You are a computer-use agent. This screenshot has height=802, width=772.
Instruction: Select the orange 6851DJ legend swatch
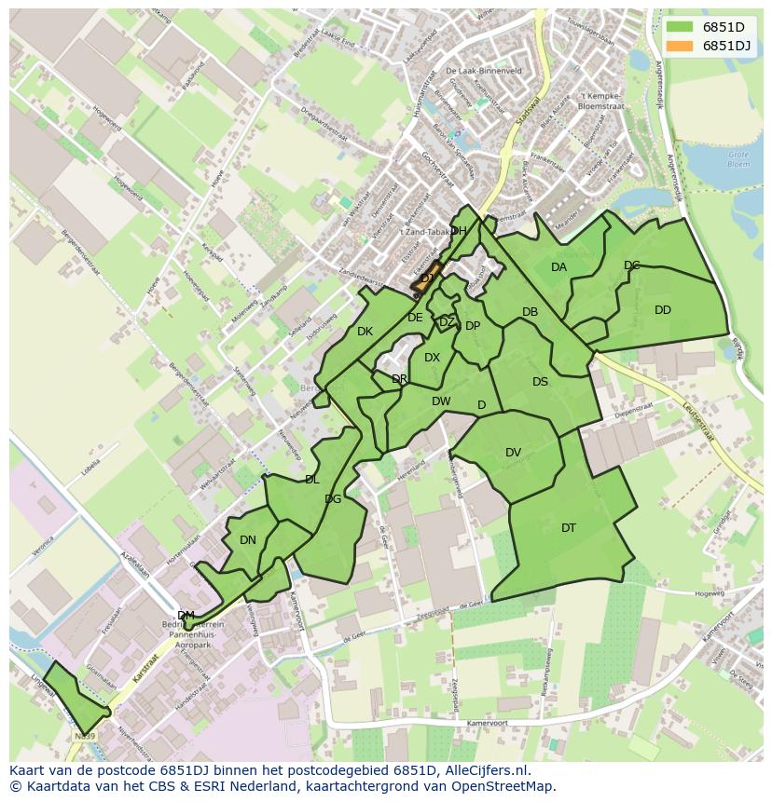680,46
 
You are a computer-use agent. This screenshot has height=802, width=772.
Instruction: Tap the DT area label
569,528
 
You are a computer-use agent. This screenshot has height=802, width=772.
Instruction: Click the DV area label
513,453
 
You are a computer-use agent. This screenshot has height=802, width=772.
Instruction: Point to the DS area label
540,382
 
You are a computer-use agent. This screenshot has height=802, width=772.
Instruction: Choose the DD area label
662,310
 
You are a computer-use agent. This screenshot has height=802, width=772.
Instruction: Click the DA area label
558,267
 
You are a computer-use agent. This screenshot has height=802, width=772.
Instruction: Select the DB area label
530,312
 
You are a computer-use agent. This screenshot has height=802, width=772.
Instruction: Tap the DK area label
365,332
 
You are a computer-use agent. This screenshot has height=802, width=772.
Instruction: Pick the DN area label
247,540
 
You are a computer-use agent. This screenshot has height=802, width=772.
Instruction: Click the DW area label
441,401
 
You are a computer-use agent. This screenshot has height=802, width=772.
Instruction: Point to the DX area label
432,358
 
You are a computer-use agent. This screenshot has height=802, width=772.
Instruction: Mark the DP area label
473,326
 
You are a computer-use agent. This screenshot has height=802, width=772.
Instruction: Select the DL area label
311,480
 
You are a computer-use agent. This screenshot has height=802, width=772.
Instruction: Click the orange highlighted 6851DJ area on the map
425,278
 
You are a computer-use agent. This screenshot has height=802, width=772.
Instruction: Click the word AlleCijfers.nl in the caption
484,771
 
